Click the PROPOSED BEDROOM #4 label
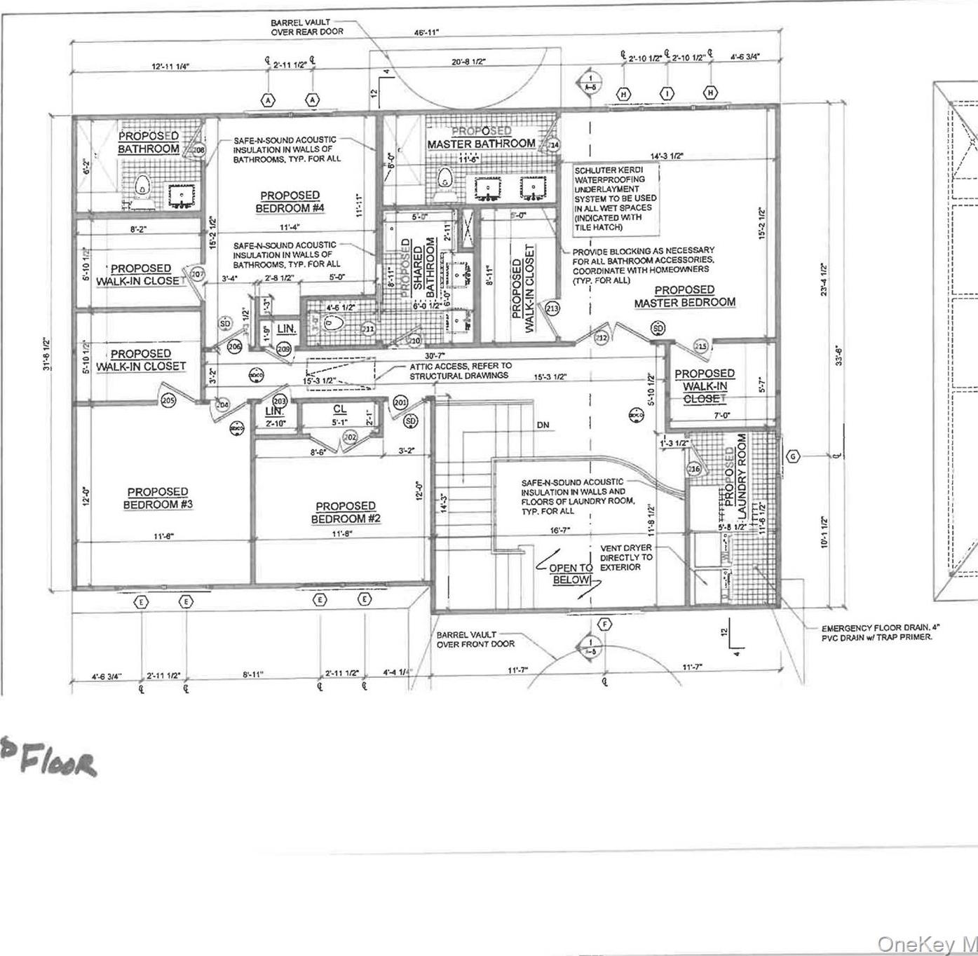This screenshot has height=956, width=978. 290,202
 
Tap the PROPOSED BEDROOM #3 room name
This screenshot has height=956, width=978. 158,498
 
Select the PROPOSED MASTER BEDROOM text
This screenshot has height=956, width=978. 684,296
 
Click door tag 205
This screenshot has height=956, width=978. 168,400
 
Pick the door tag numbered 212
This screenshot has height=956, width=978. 602,338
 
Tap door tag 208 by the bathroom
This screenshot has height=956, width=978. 199,149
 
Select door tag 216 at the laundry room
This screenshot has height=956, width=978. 694,468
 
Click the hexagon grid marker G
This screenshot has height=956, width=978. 793,456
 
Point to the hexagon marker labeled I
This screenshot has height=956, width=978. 667,93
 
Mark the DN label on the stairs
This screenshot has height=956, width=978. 543,425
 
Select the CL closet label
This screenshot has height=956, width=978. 339,409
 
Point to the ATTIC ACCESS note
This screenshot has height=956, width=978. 461,371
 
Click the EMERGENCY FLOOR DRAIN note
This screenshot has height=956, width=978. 876,632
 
